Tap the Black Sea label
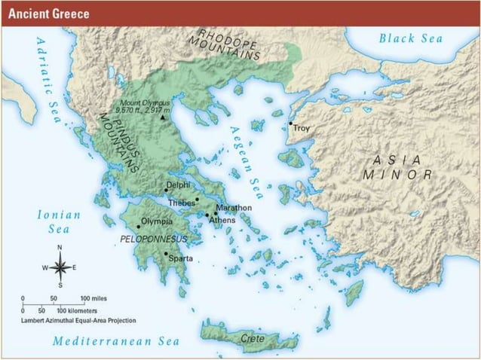(x=411, y=38)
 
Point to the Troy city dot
(x=290, y=124)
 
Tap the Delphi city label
(x=179, y=185)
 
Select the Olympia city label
(x=158, y=221)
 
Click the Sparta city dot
(x=166, y=254)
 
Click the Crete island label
(x=252, y=339)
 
